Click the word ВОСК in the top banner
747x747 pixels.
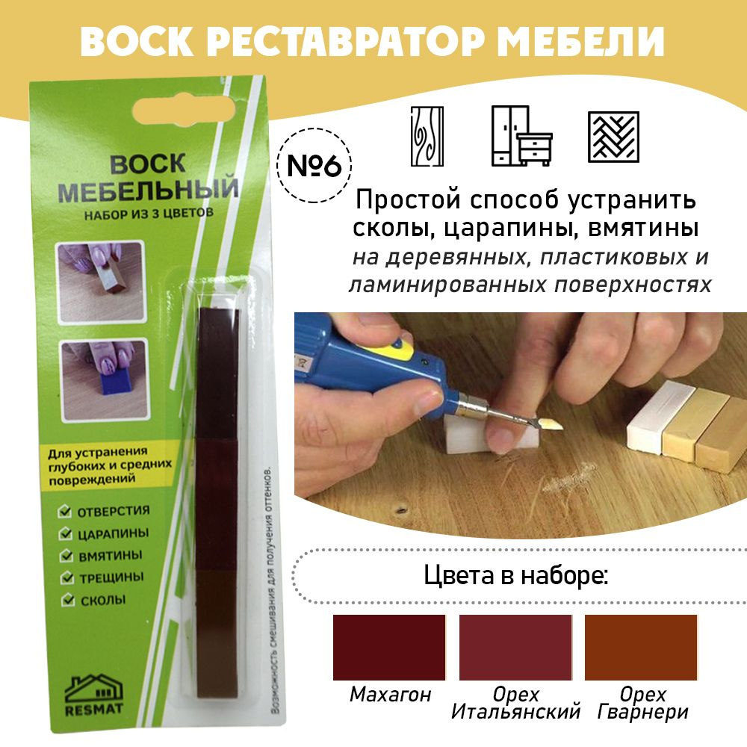[x=137, y=41]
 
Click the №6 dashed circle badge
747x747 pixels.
[x=314, y=165]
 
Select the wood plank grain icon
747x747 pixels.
[x=427, y=136]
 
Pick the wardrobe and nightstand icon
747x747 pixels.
[x=521, y=136]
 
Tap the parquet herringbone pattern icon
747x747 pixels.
[x=613, y=137]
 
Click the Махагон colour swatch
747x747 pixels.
[x=388, y=647]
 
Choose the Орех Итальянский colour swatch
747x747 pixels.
[x=515, y=647]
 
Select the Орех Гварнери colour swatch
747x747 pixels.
[x=641, y=647]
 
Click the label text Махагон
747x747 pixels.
[x=390, y=695]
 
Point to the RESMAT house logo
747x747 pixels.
[x=94, y=695]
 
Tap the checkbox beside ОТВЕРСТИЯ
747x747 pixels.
[x=65, y=511]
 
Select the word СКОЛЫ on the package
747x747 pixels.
[x=103, y=601]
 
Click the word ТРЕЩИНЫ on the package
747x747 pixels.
[x=111, y=577]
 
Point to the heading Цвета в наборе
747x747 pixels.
[x=516, y=575]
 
